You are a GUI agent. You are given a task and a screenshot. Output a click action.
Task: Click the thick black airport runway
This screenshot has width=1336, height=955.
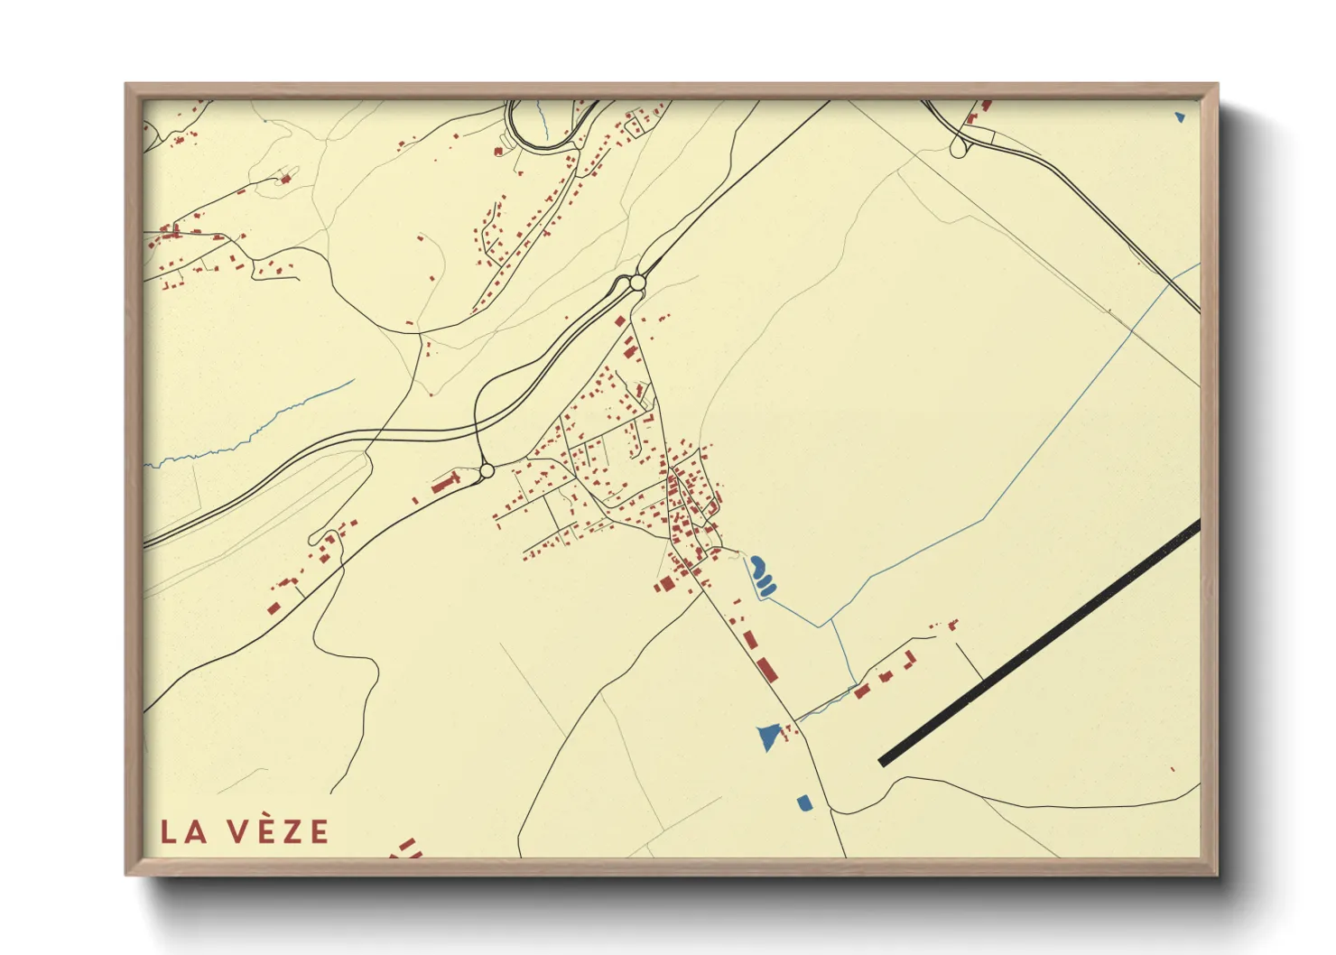tap(1038, 644)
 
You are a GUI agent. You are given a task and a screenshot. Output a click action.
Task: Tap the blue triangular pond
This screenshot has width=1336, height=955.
tap(768, 736)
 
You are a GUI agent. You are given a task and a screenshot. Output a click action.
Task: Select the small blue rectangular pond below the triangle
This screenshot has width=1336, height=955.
tap(803, 802)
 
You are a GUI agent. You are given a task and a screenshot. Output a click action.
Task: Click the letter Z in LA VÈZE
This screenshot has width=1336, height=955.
tap(293, 832)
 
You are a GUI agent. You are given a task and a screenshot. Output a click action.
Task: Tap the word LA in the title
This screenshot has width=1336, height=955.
tap(184, 832)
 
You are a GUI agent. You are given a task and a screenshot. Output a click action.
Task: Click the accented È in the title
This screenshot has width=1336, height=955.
tap(265, 830)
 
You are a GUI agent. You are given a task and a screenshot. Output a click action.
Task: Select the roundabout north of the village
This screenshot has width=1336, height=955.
tap(638, 283)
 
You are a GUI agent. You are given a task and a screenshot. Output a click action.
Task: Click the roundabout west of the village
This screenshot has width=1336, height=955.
tap(487, 470)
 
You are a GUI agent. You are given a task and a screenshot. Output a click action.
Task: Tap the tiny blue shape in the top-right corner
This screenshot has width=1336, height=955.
tap(1180, 116)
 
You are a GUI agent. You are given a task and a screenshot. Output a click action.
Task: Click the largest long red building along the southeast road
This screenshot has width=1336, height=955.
tap(766, 670)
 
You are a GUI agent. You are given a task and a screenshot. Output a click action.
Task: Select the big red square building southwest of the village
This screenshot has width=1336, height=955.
tap(666, 584)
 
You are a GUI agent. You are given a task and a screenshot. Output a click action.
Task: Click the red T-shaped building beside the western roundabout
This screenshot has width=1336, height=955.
tap(444, 483)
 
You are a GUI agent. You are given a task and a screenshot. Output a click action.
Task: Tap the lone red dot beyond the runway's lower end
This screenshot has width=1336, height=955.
tap(1173, 769)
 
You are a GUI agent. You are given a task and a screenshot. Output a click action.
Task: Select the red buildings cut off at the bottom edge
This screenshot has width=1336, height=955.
tap(408, 848)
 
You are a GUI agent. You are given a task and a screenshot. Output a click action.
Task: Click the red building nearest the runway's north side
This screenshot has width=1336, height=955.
tap(952, 624)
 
